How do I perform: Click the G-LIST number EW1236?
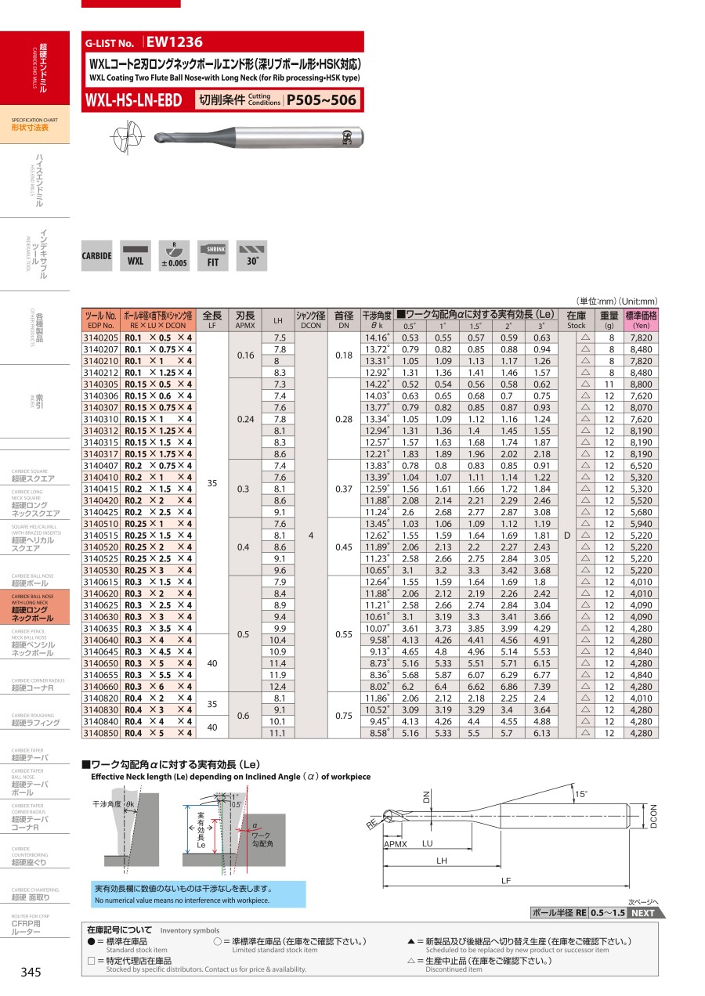175,42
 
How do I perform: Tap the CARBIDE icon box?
96,256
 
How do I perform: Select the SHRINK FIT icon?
212,256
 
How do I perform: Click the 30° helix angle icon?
251,256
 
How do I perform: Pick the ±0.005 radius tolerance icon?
174,256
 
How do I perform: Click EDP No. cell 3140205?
100,338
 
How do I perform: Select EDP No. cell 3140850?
100,733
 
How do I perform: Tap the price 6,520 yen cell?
641,466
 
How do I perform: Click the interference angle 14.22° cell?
376,384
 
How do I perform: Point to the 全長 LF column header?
212,319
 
